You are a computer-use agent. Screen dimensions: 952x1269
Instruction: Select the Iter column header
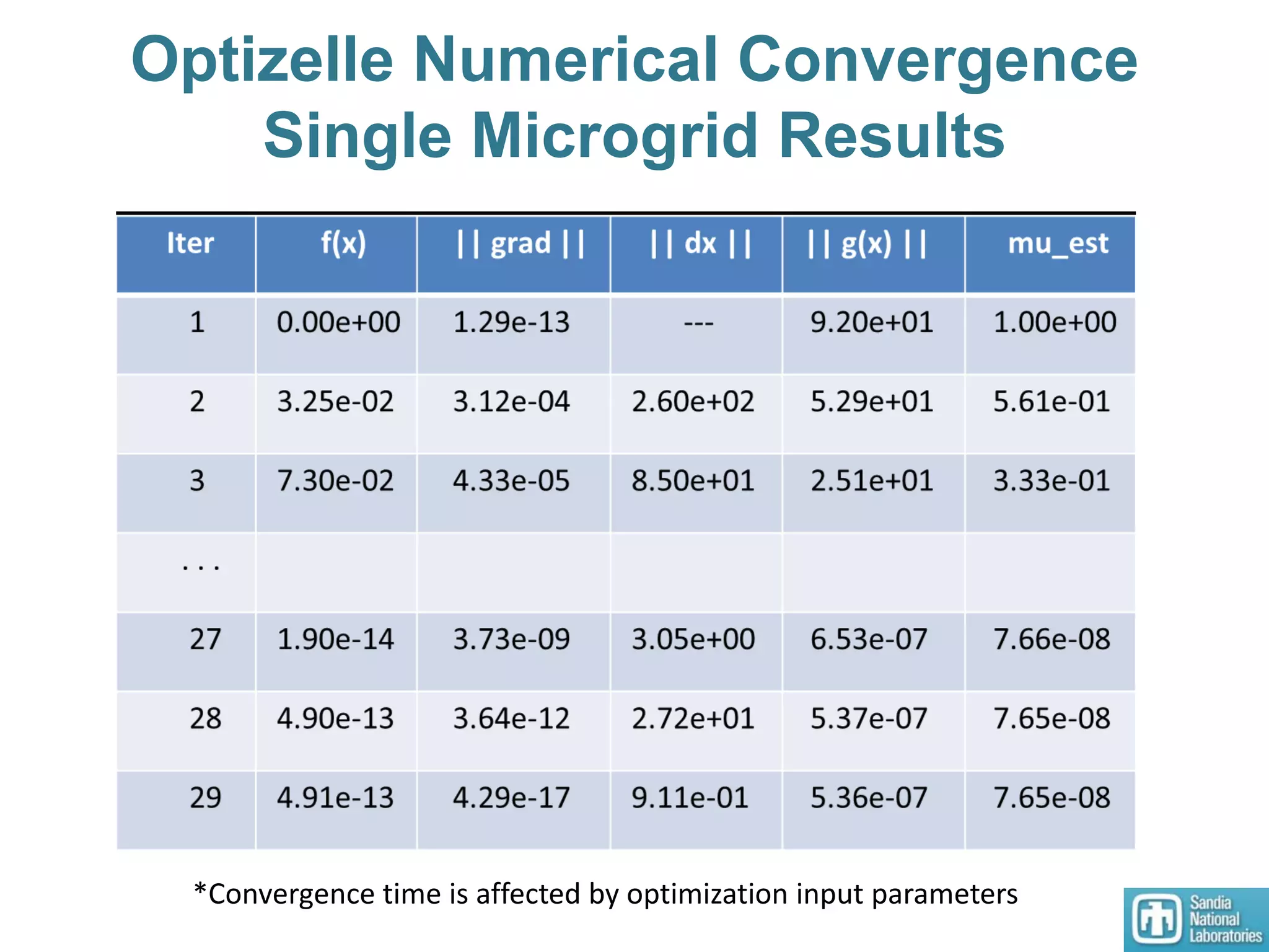(190, 243)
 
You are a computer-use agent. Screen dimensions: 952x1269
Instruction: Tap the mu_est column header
(1057, 243)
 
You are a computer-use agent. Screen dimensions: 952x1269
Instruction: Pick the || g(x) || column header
(866, 243)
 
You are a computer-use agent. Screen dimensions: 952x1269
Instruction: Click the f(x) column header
(343, 243)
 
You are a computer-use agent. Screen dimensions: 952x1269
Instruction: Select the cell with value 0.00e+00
(338, 322)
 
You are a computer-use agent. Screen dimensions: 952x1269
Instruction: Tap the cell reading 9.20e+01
(871, 322)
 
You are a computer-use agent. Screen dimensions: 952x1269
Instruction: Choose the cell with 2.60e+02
(693, 402)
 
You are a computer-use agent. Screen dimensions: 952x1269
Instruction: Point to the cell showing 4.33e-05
(511, 481)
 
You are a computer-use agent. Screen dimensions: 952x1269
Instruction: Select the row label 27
(205, 640)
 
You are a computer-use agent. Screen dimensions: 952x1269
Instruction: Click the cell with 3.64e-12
(511, 719)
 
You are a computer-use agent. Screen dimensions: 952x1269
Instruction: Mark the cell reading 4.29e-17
(511, 798)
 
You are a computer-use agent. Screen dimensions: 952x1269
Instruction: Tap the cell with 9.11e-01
(689, 798)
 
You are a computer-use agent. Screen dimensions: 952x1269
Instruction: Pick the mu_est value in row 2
(1051, 402)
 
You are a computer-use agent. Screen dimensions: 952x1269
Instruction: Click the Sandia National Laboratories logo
(1196, 919)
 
